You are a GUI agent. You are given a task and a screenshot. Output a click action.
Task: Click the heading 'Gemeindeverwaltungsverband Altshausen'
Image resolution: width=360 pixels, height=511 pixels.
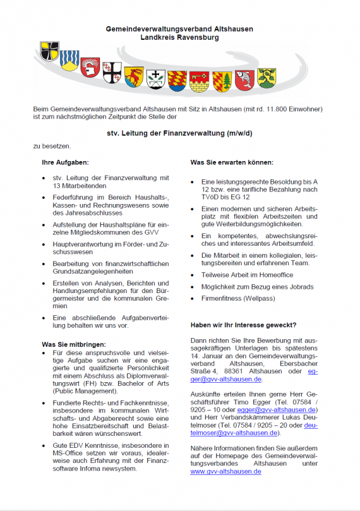(179, 30)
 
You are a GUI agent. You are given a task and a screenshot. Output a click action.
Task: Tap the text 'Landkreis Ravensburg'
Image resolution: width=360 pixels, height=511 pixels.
(179, 38)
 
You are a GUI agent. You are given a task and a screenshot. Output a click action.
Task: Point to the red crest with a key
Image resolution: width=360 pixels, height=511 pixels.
(200, 80)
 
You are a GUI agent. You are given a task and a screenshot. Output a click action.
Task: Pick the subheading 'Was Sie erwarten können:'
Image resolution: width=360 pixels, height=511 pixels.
(232, 162)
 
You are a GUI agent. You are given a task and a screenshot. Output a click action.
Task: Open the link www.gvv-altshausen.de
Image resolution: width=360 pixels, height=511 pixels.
(225, 472)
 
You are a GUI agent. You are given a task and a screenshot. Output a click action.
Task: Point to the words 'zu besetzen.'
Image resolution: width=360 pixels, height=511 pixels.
(52, 146)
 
